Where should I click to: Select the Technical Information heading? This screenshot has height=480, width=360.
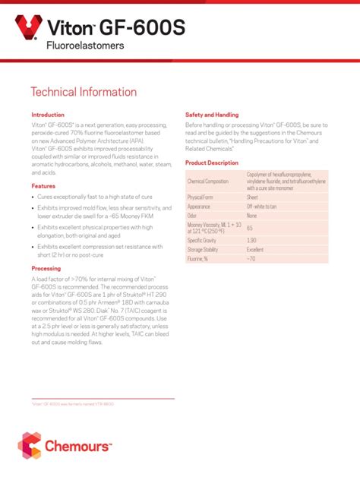(84, 93)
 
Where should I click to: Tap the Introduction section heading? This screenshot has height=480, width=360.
(47, 115)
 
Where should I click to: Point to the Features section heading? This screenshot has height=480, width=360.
(43, 185)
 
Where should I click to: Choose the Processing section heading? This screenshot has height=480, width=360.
(46, 269)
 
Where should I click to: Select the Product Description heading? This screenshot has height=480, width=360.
(212, 163)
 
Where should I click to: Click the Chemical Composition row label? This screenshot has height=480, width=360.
(207, 182)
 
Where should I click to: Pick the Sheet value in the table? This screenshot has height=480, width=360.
(252, 197)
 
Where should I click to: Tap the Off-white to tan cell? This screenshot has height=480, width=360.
(261, 207)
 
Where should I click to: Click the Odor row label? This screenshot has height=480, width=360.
(192, 216)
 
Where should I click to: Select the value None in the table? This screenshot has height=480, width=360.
(251, 216)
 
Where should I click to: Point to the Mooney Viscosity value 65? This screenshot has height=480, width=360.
(250, 228)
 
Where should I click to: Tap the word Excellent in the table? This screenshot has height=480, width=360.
(255, 249)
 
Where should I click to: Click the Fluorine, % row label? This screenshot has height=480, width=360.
(198, 259)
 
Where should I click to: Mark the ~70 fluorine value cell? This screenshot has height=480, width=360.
(251, 259)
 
